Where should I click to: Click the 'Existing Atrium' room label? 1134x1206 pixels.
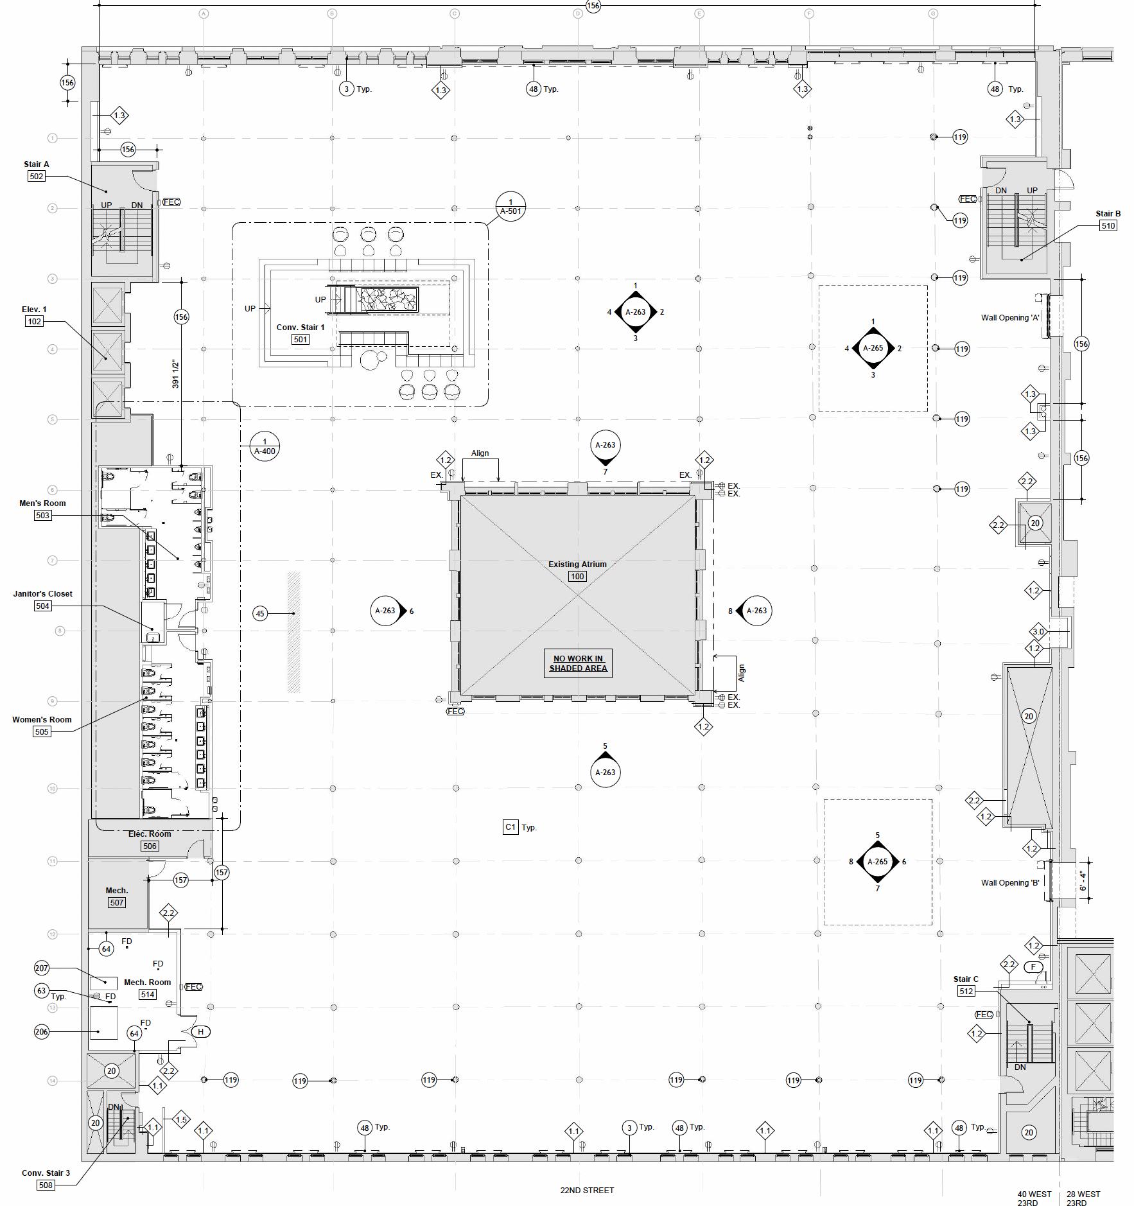point(577,564)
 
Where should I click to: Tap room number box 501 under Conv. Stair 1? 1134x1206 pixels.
point(301,339)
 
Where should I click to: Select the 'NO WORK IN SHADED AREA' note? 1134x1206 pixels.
point(578,663)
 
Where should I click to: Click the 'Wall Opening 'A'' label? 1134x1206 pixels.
point(1009,317)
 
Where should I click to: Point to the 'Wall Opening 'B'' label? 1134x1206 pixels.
point(1009,882)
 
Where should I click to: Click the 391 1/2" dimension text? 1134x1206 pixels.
point(175,374)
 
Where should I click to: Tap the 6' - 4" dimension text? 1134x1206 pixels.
point(1083,880)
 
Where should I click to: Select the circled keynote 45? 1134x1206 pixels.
point(260,613)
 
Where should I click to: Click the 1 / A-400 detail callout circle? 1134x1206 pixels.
point(265,446)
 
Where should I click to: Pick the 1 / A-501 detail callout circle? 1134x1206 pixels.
point(510,206)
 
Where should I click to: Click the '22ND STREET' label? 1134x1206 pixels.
point(587,1190)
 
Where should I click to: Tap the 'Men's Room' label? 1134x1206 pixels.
point(42,503)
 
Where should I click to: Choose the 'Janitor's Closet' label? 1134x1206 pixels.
point(42,593)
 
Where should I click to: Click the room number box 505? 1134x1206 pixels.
point(42,731)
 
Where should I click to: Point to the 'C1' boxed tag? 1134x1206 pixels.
point(510,827)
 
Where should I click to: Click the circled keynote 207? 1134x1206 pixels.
point(42,968)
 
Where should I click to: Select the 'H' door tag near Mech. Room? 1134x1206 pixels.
point(201,1031)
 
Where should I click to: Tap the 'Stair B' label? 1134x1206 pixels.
point(1108,213)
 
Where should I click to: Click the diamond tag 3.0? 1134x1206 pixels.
point(1038,631)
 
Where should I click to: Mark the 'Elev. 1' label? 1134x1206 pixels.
point(34,309)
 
